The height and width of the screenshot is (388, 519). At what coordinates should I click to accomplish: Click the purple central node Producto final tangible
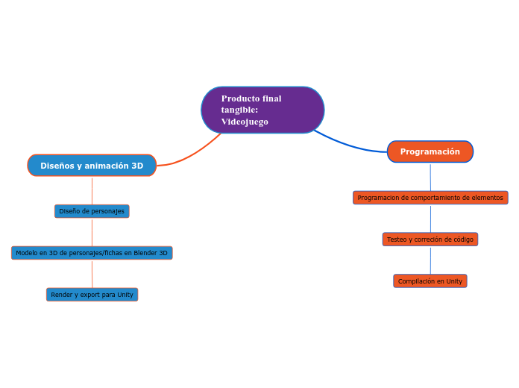coord(262,110)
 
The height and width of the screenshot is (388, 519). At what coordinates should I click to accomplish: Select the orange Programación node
coord(430,151)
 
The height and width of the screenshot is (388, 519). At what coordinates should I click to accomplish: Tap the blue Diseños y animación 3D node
coord(92,166)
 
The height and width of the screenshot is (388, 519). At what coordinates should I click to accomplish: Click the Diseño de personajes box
coord(92,211)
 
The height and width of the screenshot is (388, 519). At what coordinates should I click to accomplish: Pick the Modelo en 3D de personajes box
coord(92,253)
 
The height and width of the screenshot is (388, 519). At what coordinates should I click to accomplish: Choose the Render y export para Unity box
coord(92,295)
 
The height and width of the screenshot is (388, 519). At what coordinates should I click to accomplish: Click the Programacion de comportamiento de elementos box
coord(430,198)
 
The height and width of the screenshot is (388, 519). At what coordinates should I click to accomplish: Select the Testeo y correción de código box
coord(430,240)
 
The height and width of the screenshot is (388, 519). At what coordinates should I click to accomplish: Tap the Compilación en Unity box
coord(430,281)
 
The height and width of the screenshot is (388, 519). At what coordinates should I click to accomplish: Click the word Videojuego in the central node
coord(245,122)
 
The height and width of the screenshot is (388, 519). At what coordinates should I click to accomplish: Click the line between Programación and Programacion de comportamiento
coord(430,177)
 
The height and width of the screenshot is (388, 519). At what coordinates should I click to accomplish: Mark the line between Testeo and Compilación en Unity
coord(430,260)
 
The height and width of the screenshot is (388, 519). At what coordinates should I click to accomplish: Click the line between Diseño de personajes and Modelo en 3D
coord(92,232)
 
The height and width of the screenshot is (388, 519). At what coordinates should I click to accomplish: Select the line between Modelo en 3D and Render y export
coord(92,274)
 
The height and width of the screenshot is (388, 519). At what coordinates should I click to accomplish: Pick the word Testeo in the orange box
coord(397,240)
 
